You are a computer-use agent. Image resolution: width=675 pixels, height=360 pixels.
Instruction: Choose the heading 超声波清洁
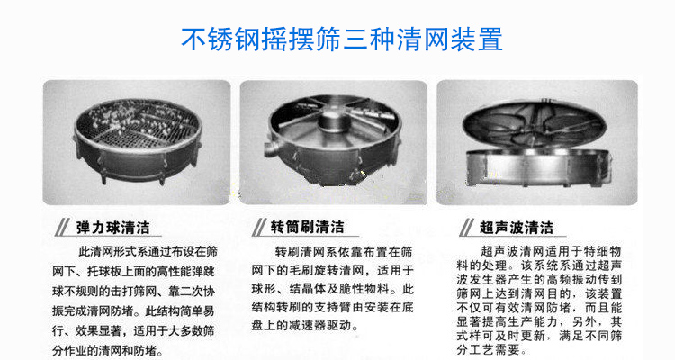[x=517, y=226]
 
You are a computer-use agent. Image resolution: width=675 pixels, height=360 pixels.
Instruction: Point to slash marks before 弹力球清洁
[x=64, y=226]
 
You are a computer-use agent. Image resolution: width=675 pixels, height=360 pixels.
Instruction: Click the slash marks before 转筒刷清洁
[x=260, y=226]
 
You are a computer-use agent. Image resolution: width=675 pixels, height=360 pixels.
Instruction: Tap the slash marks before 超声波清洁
[x=470, y=226]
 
